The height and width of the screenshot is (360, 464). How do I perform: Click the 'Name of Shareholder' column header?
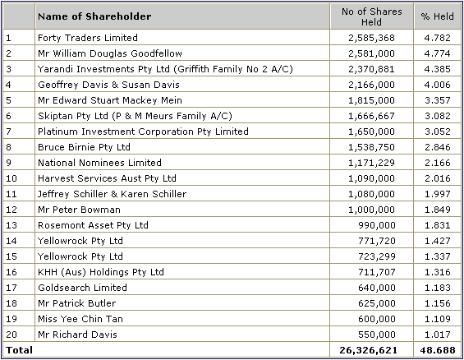[x=94, y=16]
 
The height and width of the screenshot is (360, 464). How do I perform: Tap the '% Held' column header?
[x=438, y=16]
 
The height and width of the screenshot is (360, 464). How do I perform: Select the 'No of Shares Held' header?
[x=372, y=16]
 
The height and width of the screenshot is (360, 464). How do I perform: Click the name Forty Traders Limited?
[x=88, y=38]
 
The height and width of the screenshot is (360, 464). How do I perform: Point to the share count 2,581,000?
[x=371, y=53]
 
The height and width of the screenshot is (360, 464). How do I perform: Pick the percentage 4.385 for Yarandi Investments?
[x=438, y=69]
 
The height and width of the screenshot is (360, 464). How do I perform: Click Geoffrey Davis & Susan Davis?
[x=108, y=85]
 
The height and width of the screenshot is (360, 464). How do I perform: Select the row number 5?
[x=8, y=100]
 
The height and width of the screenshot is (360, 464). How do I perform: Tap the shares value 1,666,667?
[x=371, y=116]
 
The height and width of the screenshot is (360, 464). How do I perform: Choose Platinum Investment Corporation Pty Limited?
[x=143, y=132]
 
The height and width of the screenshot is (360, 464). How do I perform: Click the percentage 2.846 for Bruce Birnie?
[x=438, y=147]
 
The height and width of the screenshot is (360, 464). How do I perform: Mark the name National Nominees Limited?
[x=99, y=163]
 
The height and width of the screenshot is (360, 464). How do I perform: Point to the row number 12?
[x=11, y=210]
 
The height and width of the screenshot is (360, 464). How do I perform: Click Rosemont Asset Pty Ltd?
[x=93, y=225]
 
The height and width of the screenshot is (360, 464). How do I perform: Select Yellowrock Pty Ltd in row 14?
[x=80, y=241]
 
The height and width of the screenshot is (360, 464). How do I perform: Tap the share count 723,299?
[x=377, y=256]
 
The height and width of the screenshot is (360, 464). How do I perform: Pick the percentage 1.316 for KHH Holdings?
[x=438, y=272]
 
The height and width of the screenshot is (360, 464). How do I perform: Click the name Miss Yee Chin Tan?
[x=80, y=319]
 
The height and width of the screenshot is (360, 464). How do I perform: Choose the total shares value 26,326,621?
[x=369, y=350]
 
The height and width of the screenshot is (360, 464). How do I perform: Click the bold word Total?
[x=19, y=350]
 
